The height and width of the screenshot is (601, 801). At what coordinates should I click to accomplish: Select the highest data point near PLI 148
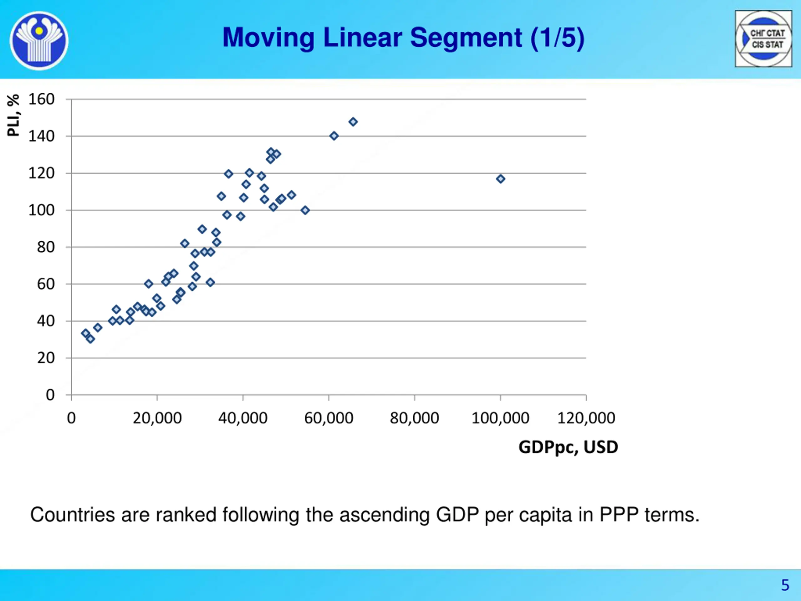click(x=353, y=122)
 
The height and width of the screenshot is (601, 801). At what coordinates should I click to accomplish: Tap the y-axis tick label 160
click(x=41, y=99)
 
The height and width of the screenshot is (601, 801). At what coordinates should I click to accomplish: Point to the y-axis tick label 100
click(x=41, y=210)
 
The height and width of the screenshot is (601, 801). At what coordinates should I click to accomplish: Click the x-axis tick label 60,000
click(x=329, y=418)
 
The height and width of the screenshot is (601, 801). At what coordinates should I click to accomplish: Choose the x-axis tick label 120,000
click(x=586, y=418)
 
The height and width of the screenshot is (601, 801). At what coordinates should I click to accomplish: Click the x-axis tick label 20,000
click(x=157, y=418)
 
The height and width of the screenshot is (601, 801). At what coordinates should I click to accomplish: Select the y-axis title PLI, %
click(x=13, y=115)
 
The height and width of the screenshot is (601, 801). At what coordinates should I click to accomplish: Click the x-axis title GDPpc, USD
click(x=568, y=447)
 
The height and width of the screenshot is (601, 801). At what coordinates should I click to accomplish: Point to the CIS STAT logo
click(x=763, y=39)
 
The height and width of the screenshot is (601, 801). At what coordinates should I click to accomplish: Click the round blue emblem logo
click(x=39, y=40)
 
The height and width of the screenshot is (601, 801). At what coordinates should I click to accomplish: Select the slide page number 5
click(x=785, y=585)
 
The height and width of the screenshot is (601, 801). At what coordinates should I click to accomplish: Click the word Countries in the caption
click(x=72, y=515)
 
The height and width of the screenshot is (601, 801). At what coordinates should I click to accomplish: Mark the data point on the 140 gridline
click(x=334, y=136)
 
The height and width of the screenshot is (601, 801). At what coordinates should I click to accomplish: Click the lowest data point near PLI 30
click(x=90, y=339)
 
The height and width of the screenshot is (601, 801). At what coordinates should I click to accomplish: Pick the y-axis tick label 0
click(x=50, y=395)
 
